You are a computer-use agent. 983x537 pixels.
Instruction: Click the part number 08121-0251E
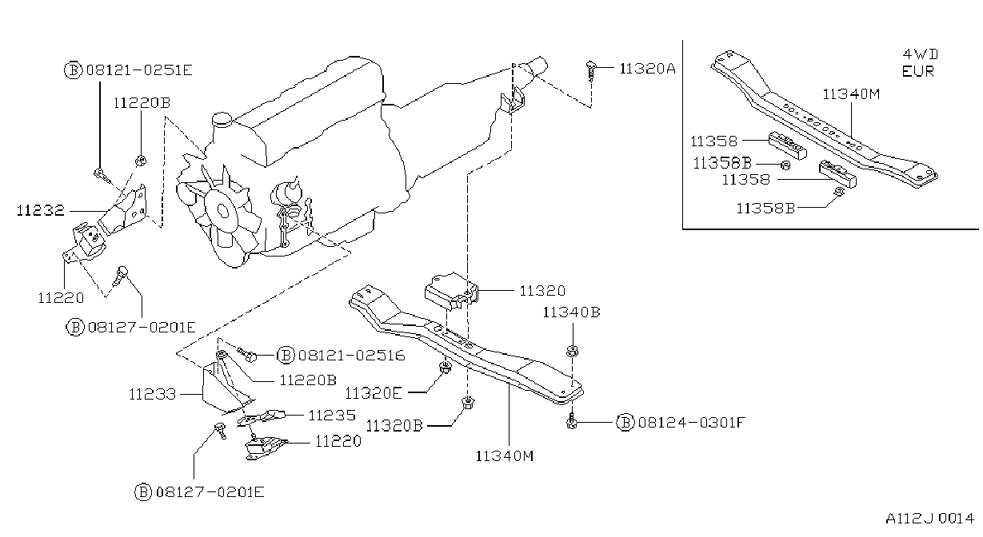139,70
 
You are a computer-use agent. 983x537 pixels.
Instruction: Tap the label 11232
40,210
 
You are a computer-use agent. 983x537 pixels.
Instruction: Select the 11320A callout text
647,69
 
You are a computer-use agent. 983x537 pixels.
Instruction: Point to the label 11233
152,394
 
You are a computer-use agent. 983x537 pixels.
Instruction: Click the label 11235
332,415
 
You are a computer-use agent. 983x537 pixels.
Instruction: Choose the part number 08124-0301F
692,422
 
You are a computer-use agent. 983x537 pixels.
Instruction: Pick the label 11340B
571,312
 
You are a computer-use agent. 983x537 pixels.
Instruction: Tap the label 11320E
374,393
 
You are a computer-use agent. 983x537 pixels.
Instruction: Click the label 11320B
394,425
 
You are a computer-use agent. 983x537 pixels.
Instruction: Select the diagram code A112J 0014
929,519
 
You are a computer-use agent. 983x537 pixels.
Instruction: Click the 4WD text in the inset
921,54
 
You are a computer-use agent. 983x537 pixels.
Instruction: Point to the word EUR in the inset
917,71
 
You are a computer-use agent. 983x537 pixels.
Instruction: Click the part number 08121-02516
351,355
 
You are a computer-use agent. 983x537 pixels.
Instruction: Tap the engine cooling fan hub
222,212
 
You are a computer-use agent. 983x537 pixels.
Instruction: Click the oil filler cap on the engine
222,119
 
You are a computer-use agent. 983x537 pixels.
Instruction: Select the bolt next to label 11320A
590,70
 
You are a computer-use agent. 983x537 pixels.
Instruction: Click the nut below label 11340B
572,350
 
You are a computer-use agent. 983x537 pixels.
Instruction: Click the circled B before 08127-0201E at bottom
143,491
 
